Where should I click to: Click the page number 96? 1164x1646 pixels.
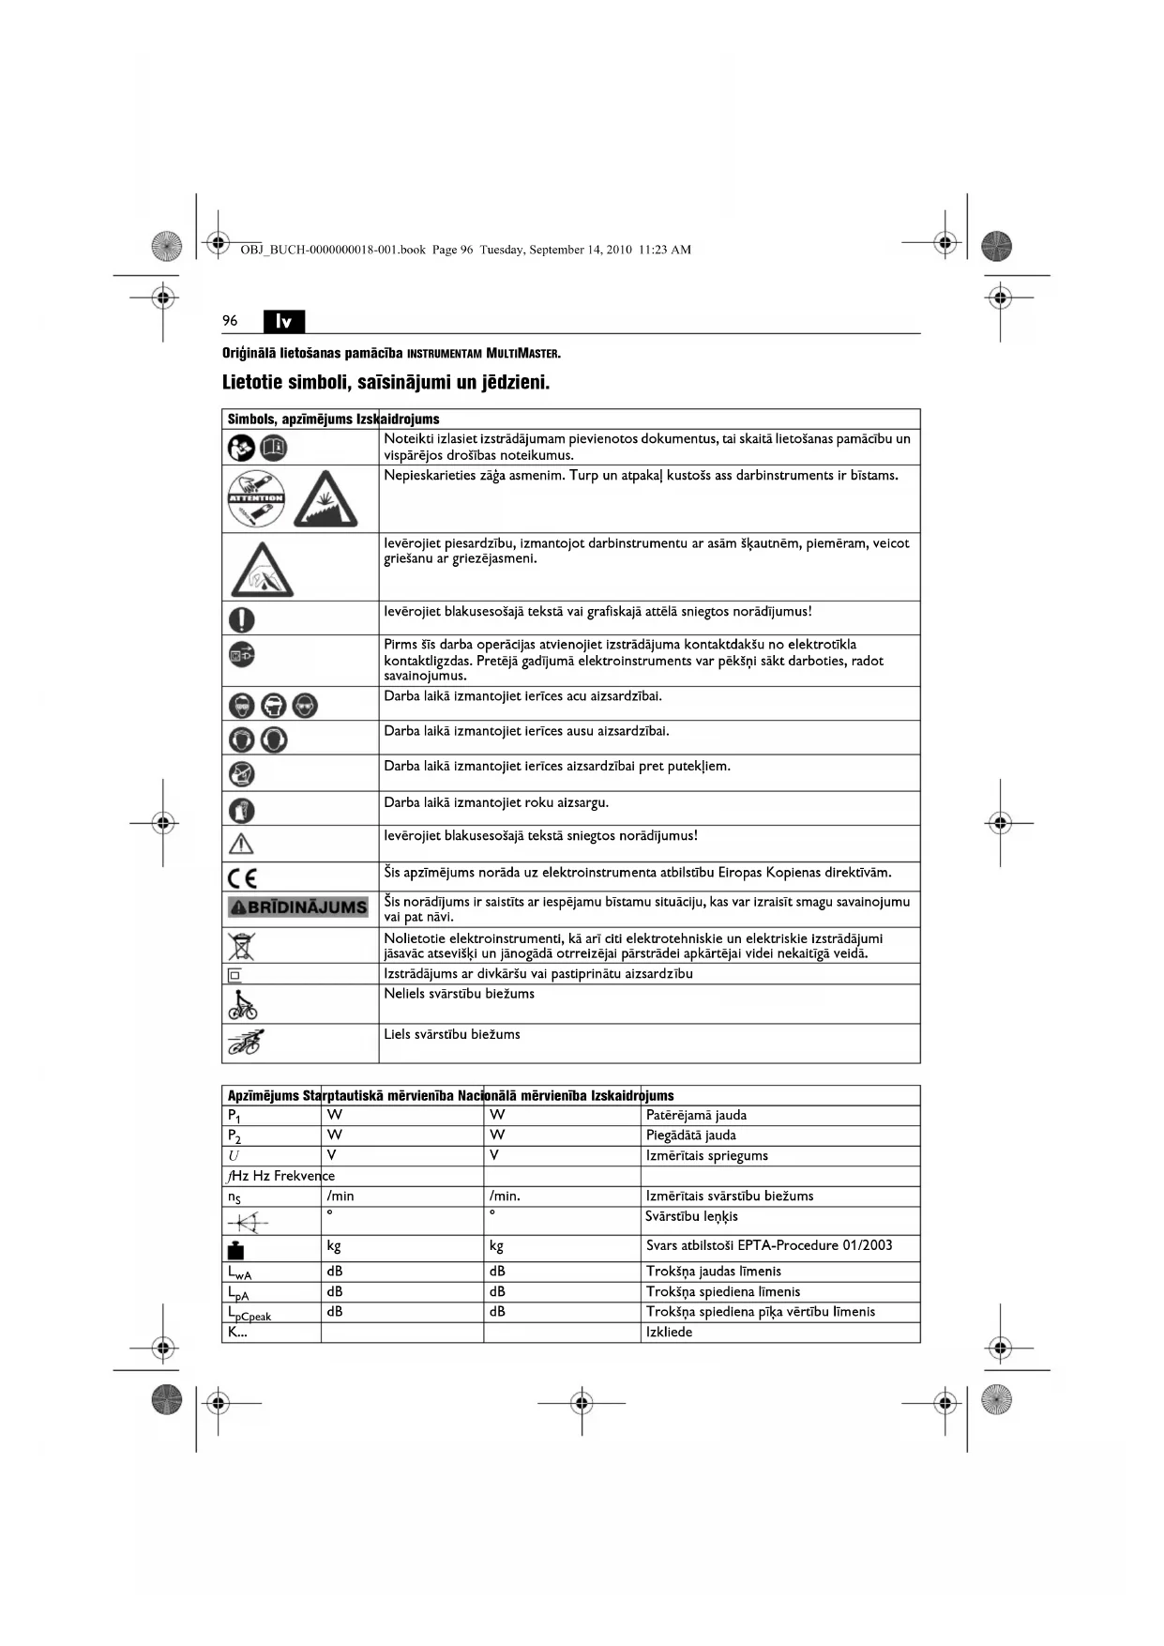tap(230, 321)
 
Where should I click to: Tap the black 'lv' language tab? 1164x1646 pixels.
tap(284, 322)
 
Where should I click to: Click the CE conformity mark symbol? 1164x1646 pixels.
tap(242, 878)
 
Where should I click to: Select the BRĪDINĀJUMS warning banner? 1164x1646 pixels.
tap(298, 907)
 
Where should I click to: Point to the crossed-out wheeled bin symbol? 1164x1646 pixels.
tap(241, 946)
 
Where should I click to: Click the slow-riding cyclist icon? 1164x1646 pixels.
tap(242, 1005)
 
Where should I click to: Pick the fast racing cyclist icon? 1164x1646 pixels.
tap(245, 1043)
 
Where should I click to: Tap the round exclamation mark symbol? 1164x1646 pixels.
tap(241, 619)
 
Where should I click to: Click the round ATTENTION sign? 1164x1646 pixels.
tap(256, 499)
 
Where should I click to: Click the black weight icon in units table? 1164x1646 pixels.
tap(235, 1249)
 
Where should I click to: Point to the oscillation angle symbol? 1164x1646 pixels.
tap(246, 1222)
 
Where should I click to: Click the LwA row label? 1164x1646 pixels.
tap(239, 1273)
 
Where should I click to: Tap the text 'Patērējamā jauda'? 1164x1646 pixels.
tap(696, 1116)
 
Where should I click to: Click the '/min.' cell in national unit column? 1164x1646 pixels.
tap(505, 1196)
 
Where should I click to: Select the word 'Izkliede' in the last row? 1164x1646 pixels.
tap(669, 1333)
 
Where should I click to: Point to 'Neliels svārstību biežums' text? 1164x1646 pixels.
tap(459, 994)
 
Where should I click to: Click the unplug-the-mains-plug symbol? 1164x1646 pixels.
tap(241, 654)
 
